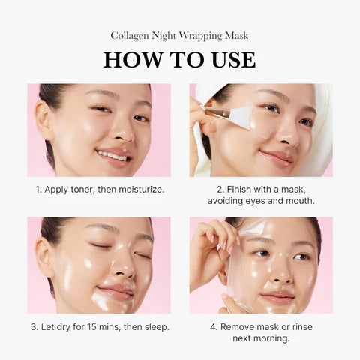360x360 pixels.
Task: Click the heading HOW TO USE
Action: [179, 60]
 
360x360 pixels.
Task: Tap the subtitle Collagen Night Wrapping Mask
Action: [179, 35]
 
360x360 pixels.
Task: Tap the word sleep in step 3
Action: [155, 326]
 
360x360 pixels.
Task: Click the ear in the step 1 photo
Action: [44, 120]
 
